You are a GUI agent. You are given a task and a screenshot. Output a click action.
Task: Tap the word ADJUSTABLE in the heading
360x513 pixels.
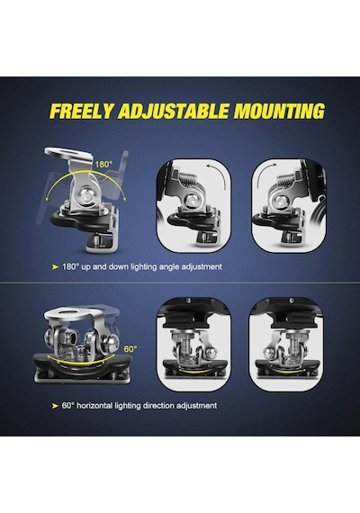click(x=173, y=112)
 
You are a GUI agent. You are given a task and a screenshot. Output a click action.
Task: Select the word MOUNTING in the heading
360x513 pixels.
click(x=279, y=112)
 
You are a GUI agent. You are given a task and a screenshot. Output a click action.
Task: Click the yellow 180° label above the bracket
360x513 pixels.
click(x=103, y=164)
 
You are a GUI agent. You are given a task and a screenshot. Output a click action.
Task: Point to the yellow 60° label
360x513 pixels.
click(x=130, y=349)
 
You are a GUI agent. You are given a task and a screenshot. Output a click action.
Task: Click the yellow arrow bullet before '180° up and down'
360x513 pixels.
click(x=55, y=267)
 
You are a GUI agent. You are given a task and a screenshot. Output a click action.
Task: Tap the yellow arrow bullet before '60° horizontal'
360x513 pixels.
click(x=55, y=406)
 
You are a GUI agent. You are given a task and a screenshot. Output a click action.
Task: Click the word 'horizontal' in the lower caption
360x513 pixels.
click(x=94, y=406)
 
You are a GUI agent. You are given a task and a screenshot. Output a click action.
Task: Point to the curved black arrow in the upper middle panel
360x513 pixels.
click(x=219, y=175)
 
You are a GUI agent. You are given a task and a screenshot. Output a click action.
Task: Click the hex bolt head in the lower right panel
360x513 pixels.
click(x=270, y=352)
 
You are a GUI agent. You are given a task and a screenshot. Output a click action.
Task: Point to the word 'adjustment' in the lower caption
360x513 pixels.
click(x=197, y=406)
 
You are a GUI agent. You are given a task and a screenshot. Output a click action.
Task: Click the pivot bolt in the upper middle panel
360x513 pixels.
click(x=190, y=200)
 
